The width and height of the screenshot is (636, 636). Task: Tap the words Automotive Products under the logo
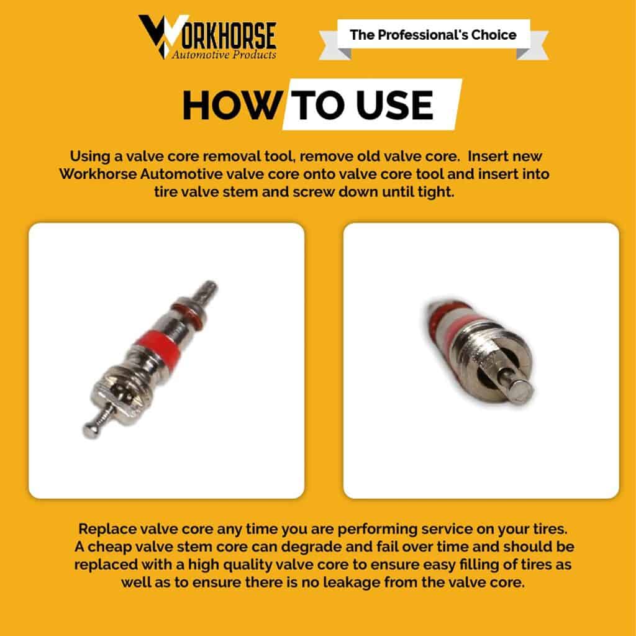[x=224, y=55]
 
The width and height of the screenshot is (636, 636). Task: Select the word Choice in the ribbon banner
[x=494, y=35]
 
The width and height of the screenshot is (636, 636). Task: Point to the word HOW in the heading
[x=233, y=105]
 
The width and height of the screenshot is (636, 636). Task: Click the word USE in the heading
[x=394, y=105]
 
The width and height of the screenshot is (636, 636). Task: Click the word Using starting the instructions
[x=90, y=157]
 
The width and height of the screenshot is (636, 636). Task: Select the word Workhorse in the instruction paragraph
[x=98, y=174]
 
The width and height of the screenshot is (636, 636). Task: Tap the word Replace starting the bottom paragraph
[x=104, y=529]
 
